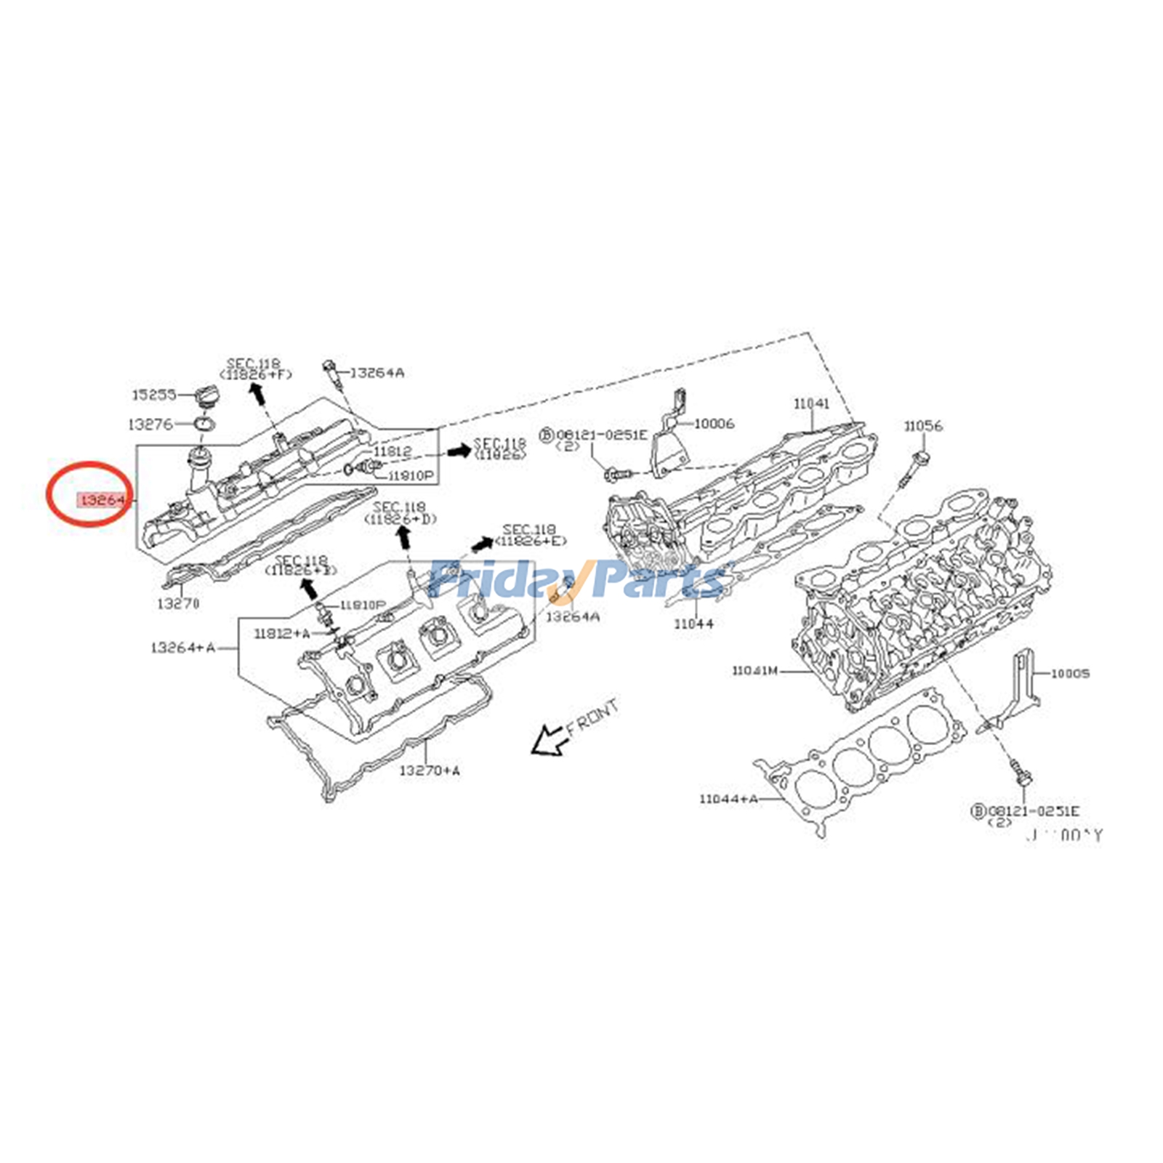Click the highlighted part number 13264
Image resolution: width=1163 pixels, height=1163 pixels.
pyautogui.click(x=102, y=499)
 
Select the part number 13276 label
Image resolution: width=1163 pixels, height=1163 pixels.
pyautogui.click(x=150, y=424)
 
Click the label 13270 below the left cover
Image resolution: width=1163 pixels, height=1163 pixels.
pyautogui.click(x=178, y=603)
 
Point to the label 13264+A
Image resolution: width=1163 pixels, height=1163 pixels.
pyautogui.click(x=182, y=647)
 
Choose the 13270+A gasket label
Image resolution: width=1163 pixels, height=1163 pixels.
pyautogui.click(x=429, y=770)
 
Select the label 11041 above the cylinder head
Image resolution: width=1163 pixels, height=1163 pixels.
pyautogui.click(x=810, y=403)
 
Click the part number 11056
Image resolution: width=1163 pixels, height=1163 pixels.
pyautogui.click(x=923, y=426)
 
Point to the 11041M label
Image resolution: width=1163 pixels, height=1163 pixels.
pyautogui.click(x=754, y=671)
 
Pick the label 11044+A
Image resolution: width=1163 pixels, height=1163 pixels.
pyautogui.click(x=728, y=799)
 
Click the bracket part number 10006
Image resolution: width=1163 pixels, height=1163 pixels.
pyautogui.click(x=714, y=423)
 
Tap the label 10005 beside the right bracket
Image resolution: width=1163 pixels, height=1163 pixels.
pyautogui.click(x=1070, y=674)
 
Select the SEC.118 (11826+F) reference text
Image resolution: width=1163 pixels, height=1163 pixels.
pyautogui.click(x=259, y=369)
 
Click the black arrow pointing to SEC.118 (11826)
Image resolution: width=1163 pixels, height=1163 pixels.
pyautogui.click(x=459, y=451)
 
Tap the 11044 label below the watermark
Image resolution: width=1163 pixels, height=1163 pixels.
pyautogui.click(x=693, y=624)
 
